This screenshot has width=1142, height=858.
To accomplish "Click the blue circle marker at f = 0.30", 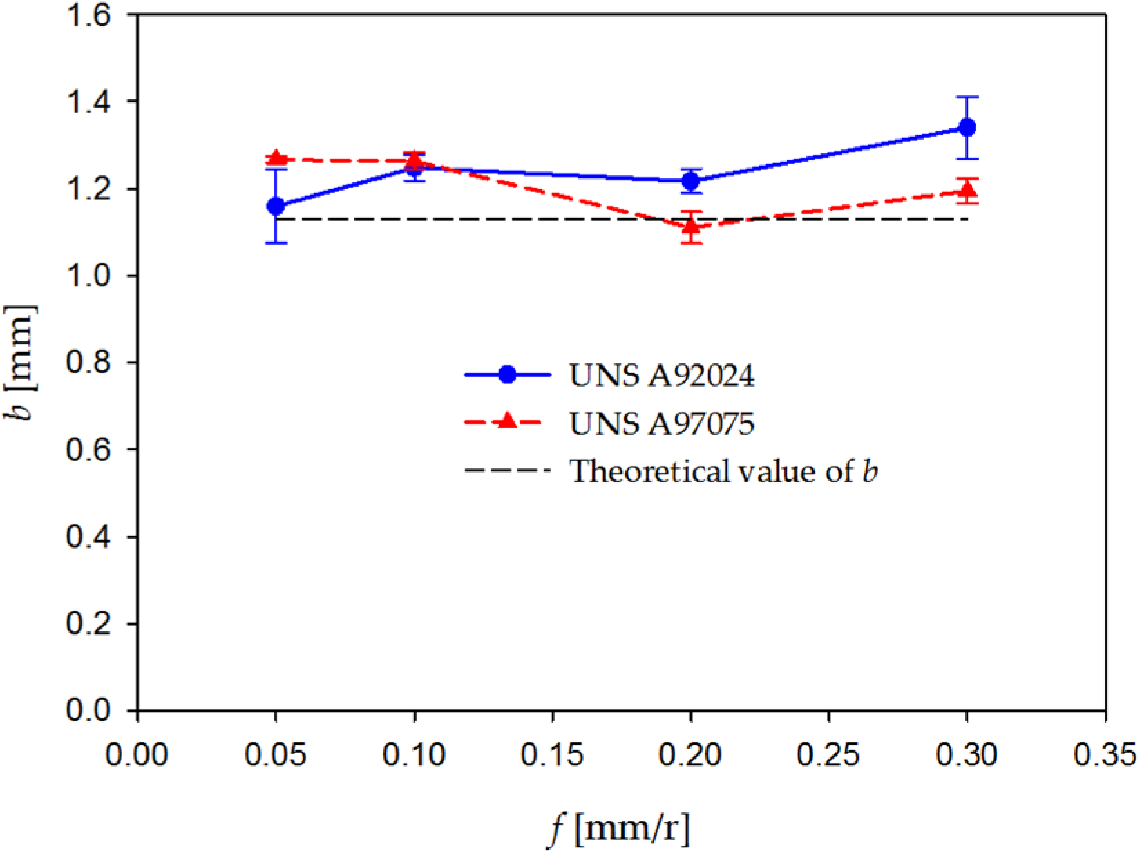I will [967, 127].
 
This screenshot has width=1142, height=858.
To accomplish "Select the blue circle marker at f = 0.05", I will [276, 206].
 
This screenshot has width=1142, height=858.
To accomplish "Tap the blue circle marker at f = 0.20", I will [691, 181].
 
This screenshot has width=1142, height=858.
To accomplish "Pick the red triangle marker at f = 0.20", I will [691, 226].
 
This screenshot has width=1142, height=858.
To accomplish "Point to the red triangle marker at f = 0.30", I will [967, 189].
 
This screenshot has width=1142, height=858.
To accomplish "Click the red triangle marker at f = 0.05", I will [276, 158].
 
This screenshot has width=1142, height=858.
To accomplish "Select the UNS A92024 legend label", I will [661, 376].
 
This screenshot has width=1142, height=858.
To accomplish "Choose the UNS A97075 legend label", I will [661, 423].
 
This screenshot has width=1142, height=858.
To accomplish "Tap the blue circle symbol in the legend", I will [507, 374].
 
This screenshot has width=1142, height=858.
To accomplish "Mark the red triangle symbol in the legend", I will [507, 421].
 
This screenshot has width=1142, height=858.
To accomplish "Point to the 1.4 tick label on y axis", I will [88, 102].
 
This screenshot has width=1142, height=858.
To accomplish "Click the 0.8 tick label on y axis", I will [88, 363].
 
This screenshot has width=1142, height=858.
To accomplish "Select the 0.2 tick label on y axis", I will [88, 624].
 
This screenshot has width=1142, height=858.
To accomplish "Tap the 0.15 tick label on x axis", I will [552, 755].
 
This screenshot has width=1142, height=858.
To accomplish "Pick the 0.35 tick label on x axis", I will [1104, 755].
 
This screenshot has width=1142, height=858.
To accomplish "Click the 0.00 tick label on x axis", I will [137, 755].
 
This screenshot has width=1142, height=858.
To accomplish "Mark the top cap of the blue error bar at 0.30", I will [967, 97].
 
